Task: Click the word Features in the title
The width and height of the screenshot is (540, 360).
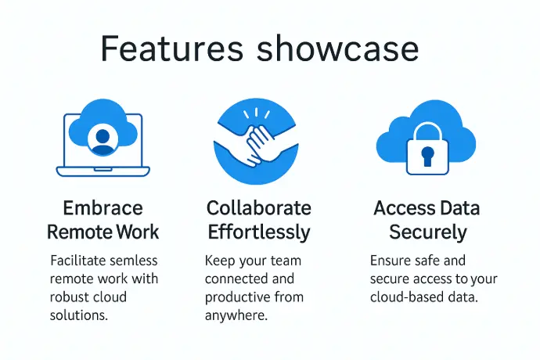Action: [172, 49]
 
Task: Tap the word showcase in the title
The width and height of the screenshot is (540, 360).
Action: [337, 49]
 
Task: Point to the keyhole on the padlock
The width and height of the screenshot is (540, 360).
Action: [427, 156]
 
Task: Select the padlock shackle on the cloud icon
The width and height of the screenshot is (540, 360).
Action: [427, 128]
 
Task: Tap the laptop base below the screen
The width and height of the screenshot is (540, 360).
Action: [103, 171]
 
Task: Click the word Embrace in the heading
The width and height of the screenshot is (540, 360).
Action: [103, 208]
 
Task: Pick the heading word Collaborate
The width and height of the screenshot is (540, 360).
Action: [258, 208]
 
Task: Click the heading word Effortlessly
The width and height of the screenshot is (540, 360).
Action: [259, 232]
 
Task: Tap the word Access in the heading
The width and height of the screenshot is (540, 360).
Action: [400, 208]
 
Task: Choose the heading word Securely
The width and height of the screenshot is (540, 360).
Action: [428, 232]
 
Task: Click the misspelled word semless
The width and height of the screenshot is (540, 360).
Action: [134, 261]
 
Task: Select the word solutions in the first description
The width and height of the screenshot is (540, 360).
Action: [79, 315]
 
